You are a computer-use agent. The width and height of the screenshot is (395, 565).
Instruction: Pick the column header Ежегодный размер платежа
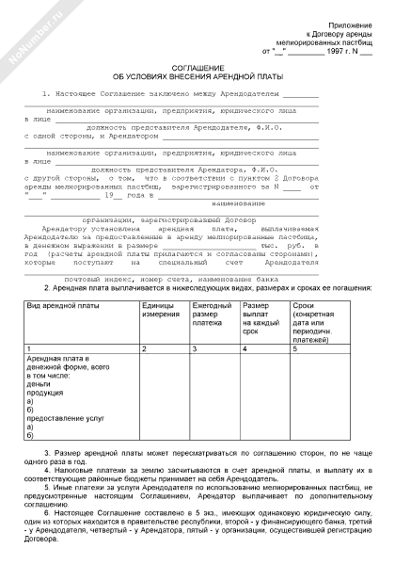click(211, 315)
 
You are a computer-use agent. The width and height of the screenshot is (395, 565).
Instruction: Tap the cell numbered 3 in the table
click(194, 349)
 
